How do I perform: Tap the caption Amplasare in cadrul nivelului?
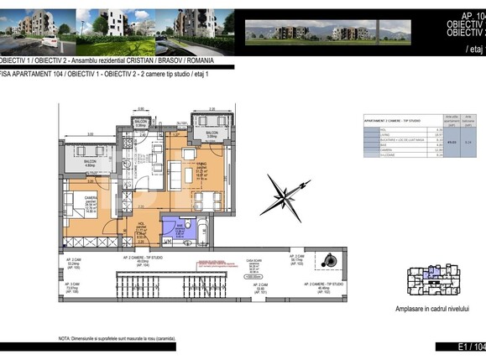tap(432, 309)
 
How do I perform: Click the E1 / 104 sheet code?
tap(470, 347)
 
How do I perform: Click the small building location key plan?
tap(431, 283)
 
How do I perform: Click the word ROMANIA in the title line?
tap(199, 61)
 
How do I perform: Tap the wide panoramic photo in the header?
tap(327, 31)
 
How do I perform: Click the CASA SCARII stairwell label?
tap(250, 261)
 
